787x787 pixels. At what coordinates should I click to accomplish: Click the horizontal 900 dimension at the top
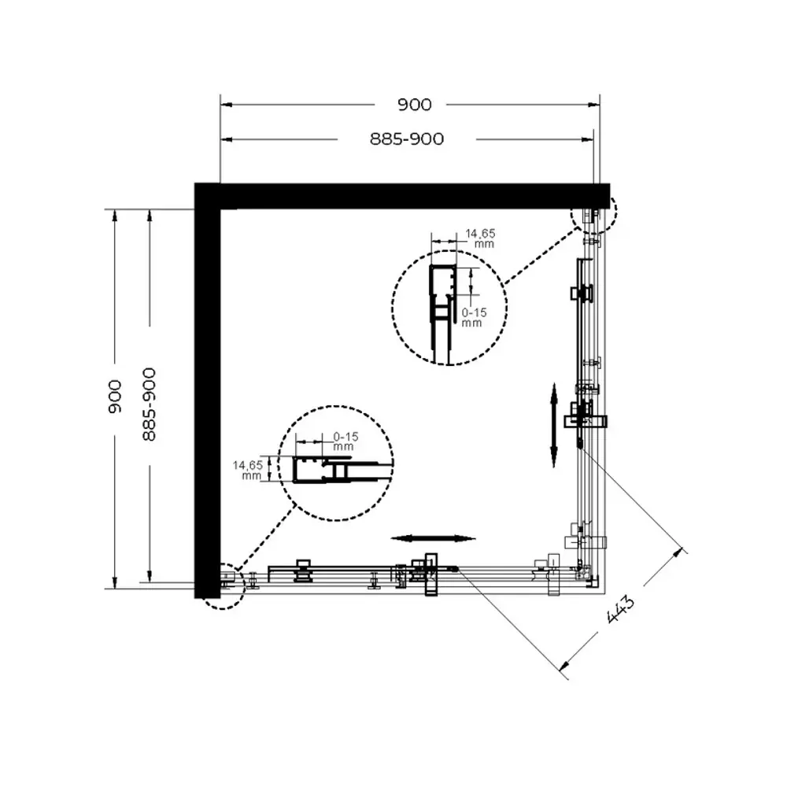click(415, 105)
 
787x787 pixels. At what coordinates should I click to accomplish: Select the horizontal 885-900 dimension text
click(407, 139)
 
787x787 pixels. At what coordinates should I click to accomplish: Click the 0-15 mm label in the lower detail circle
click(344, 441)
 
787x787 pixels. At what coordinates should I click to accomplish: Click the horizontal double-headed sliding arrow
click(434, 538)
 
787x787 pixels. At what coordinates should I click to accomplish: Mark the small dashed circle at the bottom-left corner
click(224, 586)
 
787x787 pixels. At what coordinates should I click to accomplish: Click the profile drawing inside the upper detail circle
click(442, 311)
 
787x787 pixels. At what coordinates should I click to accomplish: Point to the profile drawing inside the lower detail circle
click(323, 470)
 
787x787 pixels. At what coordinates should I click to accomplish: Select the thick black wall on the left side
click(207, 393)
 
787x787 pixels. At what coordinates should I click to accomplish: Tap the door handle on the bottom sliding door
click(429, 575)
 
